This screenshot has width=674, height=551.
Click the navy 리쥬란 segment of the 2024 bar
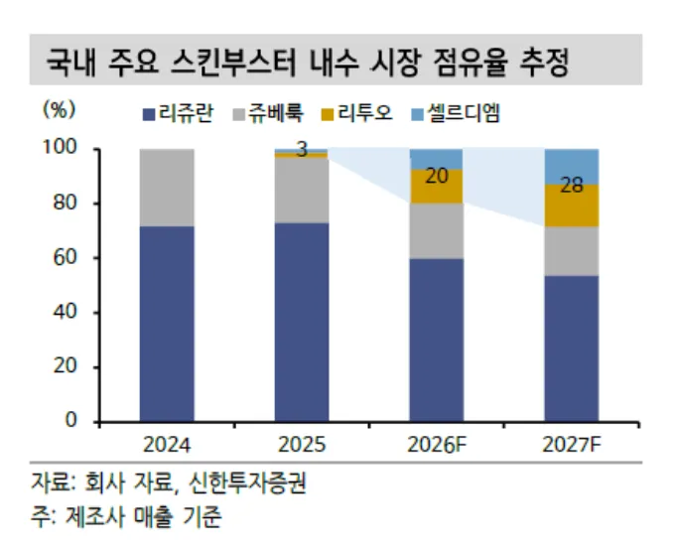tap(167, 324)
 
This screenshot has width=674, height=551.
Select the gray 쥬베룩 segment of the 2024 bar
tap(167, 188)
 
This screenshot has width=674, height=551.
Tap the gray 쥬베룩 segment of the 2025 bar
tap(302, 191)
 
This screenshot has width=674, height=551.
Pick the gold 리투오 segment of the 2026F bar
tap(437, 186)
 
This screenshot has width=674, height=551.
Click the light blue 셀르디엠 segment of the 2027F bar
tap(572, 167)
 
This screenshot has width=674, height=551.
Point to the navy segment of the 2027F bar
tap(572, 348)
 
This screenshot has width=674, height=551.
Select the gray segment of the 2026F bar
tap(437, 230)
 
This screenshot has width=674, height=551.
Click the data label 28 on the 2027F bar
tap(572, 186)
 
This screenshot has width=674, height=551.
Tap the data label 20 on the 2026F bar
tap(437, 176)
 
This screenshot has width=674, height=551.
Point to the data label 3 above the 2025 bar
tap(302, 150)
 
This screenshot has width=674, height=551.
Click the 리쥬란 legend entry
tap(178, 114)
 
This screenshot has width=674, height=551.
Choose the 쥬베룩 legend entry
tap(268, 114)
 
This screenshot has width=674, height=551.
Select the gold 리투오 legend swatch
tap(328, 115)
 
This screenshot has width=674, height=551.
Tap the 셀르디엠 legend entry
tap(456, 114)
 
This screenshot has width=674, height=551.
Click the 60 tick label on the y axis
tap(65, 257)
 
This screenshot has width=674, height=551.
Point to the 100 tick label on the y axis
tap(60, 147)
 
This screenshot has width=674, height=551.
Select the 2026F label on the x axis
tap(437, 445)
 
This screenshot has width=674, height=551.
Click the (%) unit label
tap(59, 110)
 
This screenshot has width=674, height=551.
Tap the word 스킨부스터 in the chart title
tap(234, 62)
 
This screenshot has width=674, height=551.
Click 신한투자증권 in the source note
tap(247, 483)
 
